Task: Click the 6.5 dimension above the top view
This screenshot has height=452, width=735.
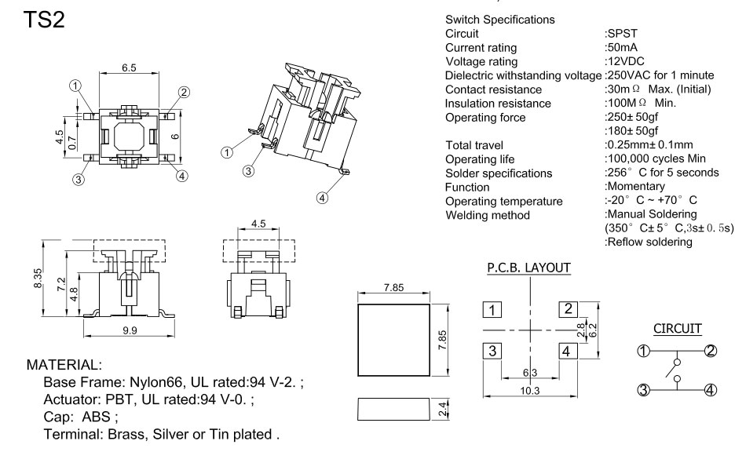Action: [129, 68]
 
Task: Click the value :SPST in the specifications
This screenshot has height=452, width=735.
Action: [622, 35]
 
